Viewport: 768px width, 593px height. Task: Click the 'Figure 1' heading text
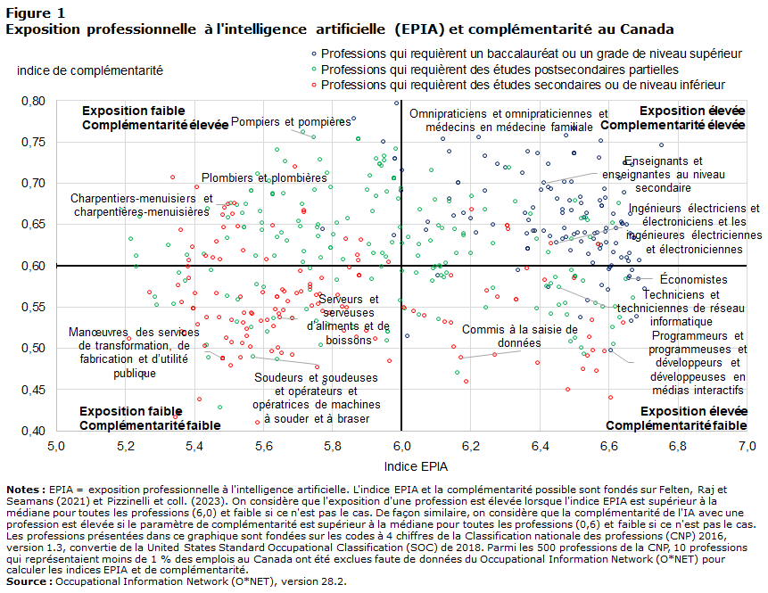(35, 12)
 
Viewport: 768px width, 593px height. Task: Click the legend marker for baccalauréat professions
(313, 54)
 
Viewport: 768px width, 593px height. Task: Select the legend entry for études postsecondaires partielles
(500, 70)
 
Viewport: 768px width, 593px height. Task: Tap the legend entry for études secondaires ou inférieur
(522, 85)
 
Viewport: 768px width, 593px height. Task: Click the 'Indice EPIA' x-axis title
(417, 465)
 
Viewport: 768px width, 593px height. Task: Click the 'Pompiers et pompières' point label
(291, 121)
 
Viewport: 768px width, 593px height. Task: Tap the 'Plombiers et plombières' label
(263, 177)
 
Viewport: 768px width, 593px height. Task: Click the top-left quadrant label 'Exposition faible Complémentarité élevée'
(143, 118)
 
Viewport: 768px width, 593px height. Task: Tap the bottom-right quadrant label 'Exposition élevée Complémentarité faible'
(693, 418)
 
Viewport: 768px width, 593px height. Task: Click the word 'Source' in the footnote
(29, 581)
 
